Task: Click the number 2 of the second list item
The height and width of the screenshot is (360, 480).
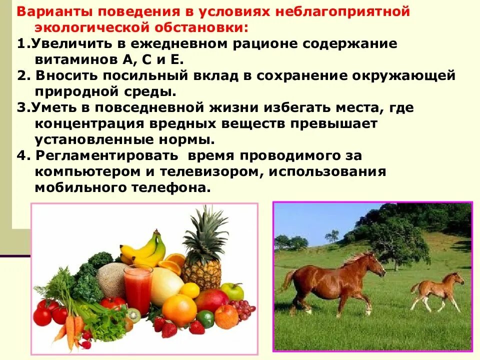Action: pos(21,75)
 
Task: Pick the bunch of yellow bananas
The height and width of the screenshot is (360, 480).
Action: pos(145,248)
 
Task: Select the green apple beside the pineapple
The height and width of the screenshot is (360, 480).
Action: pos(232,291)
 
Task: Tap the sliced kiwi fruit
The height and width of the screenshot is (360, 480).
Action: pos(133,315)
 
